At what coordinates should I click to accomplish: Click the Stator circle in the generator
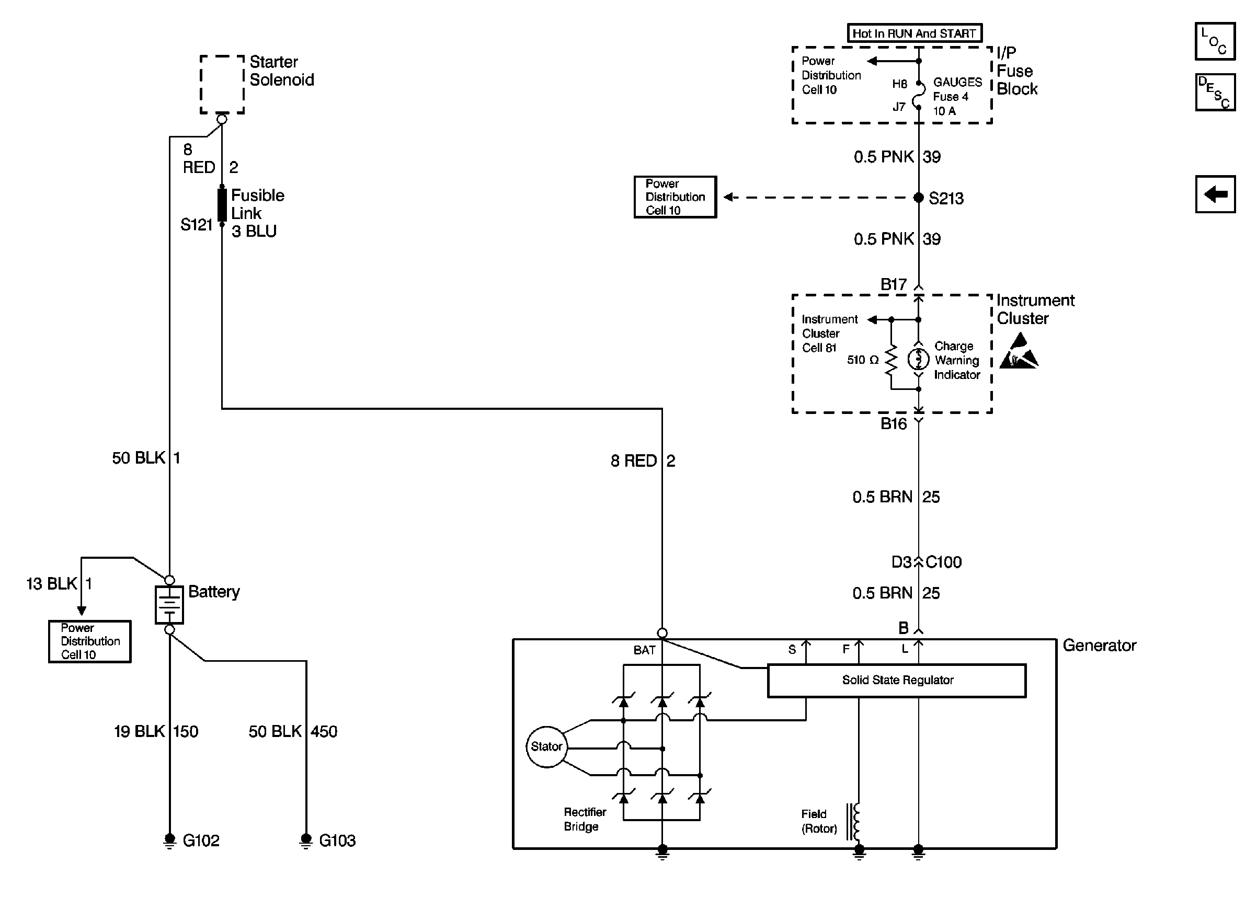546,746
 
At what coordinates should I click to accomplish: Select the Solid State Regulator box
896,680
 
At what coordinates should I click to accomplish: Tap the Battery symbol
169,604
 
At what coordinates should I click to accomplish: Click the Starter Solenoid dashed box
222,84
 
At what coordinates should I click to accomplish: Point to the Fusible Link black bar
222,204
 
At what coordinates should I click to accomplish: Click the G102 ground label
201,841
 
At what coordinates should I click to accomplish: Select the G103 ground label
337,841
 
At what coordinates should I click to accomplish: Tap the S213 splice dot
918,198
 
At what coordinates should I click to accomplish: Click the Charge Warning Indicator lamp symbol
918,360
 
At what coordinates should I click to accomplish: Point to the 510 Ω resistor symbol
890,360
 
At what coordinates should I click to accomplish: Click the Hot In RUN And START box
915,33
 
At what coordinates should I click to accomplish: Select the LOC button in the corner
1215,41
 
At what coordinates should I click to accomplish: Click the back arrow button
1215,194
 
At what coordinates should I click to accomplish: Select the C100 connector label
943,562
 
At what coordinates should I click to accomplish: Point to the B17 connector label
893,285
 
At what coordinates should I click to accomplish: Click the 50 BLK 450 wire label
292,732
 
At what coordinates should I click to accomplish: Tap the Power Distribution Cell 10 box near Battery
89,641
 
